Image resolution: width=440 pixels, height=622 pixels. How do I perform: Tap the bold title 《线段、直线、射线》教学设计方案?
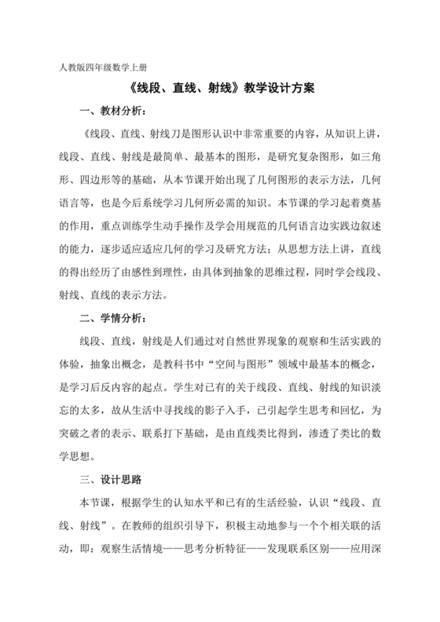[220, 90]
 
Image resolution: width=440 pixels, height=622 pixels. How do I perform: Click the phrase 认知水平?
[182, 502]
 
